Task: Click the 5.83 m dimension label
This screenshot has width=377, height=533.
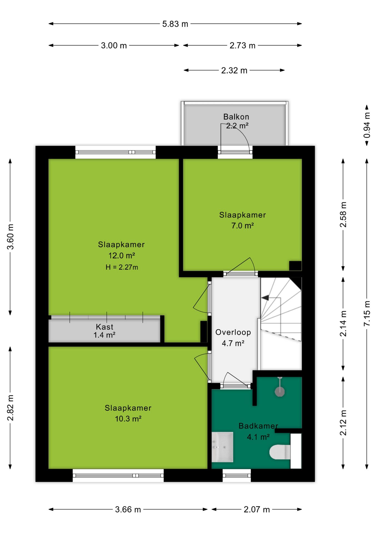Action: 175,24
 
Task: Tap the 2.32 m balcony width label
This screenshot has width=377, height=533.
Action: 234,71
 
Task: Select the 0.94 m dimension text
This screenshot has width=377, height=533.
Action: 367,125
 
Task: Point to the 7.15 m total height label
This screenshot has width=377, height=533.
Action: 367,313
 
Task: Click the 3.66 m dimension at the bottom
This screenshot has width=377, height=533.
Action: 128,510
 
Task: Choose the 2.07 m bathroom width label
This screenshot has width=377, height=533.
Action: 257,510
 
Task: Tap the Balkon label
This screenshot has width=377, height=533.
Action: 236,117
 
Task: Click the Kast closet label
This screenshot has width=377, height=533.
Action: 105,327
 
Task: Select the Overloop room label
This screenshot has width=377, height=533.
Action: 233,332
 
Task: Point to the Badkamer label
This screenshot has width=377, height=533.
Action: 258,426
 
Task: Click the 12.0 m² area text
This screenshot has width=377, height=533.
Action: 122,256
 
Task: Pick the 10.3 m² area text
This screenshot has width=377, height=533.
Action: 128,419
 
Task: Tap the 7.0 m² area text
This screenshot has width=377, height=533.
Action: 243,226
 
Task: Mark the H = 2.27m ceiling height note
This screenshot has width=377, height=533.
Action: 122,267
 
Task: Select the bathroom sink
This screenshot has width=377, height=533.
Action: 222,447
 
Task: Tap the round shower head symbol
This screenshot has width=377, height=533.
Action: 280,392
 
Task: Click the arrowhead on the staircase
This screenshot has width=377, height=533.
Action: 265,298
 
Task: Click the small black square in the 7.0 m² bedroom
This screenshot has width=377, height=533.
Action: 295,266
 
